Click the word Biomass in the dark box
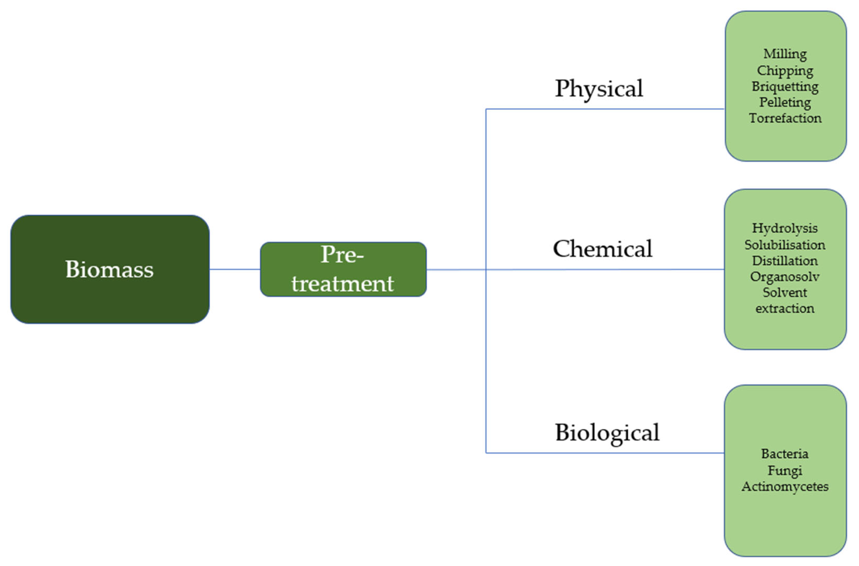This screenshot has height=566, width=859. click(x=109, y=269)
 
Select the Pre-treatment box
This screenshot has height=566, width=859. click(x=343, y=269)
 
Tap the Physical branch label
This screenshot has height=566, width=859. click(x=599, y=89)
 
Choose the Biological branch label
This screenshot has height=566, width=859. click(x=607, y=432)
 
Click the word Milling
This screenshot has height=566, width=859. click(x=785, y=54)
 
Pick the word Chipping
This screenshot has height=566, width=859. click(x=785, y=71)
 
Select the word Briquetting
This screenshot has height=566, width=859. click(x=785, y=87)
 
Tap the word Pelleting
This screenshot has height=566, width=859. click(x=785, y=103)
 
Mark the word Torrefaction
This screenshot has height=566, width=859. click(x=785, y=119)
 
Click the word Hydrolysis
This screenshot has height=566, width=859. click(x=785, y=228)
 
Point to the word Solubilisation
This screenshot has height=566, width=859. click(x=785, y=245)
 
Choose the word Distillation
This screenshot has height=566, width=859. click(x=785, y=261)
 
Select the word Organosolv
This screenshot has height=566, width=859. click(x=785, y=277)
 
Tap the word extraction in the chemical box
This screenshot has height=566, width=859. click(x=785, y=309)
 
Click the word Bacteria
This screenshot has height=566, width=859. click(x=785, y=454)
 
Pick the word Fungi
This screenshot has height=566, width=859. click(x=785, y=471)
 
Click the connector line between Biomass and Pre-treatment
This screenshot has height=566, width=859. click(x=235, y=269)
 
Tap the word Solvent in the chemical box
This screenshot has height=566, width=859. click(x=785, y=293)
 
